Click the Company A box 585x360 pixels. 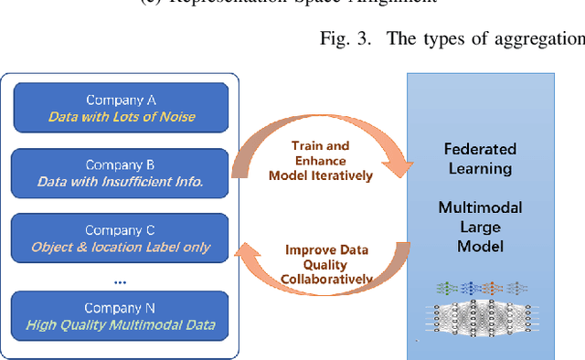click(122, 107)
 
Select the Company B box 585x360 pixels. click(122, 173)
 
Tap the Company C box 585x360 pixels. click(122, 238)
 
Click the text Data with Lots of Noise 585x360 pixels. click(122, 116)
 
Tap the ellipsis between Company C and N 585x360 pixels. click(121, 281)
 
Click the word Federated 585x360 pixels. click(480, 149)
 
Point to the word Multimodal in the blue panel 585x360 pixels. click(480, 209)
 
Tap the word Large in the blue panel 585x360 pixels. click(480, 228)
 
